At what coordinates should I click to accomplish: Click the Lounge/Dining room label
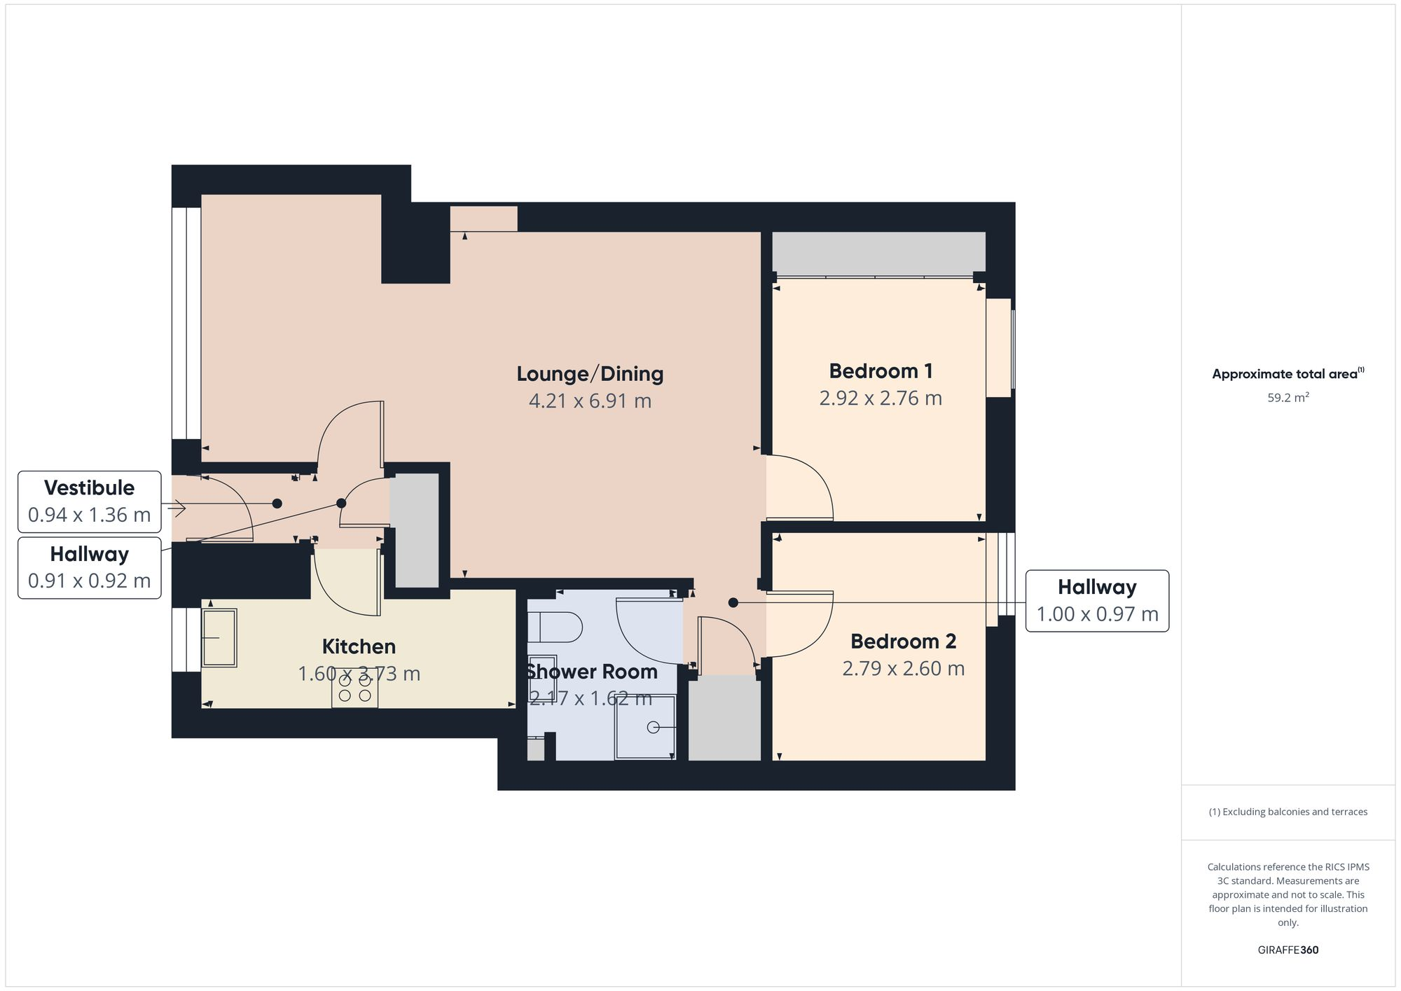(x=590, y=374)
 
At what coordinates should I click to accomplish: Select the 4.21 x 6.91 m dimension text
(x=590, y=401)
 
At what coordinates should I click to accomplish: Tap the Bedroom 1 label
(x=881, y=371)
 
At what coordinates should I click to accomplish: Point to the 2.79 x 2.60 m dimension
(x=903, y=669)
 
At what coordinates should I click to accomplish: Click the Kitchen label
(x=359, y=646)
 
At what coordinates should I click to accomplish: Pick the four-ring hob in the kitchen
(x=354, y=688)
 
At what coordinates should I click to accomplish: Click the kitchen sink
(x=219, y=637)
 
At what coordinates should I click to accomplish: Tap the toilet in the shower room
(x=555, y=628)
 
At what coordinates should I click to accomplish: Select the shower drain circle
(x=653, y=728)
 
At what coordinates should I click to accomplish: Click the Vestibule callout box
(x=90, y=501)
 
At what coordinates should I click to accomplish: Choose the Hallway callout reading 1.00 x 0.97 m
(x=1097, y=601)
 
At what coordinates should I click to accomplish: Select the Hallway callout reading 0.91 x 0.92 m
(x=90, y=568)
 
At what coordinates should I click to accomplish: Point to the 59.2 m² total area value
(x=1288, y=398)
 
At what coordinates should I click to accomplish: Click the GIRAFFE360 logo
(x=1288, y=950)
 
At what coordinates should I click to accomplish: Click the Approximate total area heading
(x=1288, y=374)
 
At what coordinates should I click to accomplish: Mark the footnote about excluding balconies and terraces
(x=1288, y=812)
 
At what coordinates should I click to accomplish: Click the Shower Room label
(x=592, y=672)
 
